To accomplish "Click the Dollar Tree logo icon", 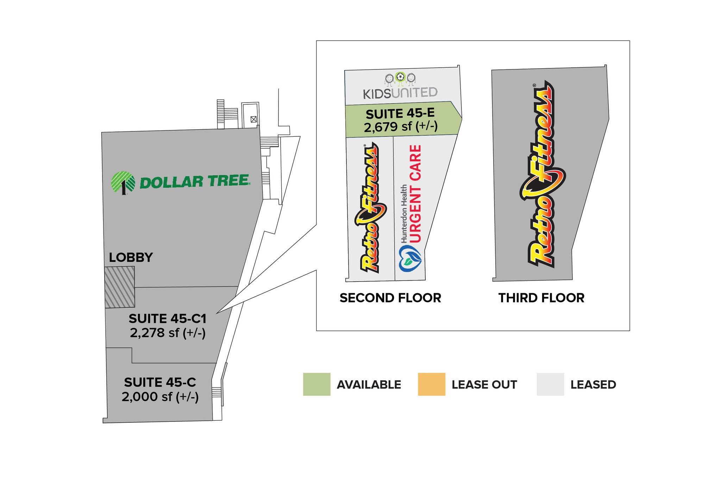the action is click(x=123, y=183).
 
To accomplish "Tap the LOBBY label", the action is click(x=131, y=258).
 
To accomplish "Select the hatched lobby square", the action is click(x=120, y=287).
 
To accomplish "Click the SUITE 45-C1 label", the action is click(x=168, y=319).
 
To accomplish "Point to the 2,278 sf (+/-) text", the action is click(x=168, y=333).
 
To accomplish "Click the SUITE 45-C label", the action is click(x=160, y=382).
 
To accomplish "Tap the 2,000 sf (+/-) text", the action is click(x=160, y=397).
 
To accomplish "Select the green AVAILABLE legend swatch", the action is click(x=317, y=384).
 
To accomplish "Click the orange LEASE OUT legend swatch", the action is click(x=432, y=384).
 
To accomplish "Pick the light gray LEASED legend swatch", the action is click(x=550, y=384).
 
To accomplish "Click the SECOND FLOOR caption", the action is click(x=390, y=298).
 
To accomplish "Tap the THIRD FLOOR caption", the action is click(x=541, y=298).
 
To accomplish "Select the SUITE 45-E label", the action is click(x=400, y=114).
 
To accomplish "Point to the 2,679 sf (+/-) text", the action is click(x=401, y=127).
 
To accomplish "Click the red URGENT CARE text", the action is click(x=415, y=194).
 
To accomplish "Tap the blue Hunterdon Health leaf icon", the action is click(x=410, y=259).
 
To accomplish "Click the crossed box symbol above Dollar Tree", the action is click(x=253, y=119).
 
